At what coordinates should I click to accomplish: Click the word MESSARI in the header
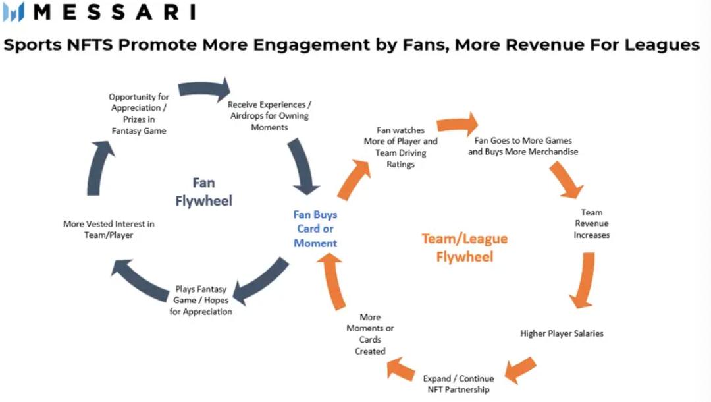tap(113, 12)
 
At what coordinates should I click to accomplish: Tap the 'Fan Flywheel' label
tap(203, 191)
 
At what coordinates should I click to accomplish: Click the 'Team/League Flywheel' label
tap(464, 247)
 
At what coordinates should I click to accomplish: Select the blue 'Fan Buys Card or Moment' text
tap(315, 229)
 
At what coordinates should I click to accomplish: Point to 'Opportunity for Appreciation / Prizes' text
tap(139, 113)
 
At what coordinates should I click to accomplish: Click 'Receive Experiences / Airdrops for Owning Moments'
tap(269, 115)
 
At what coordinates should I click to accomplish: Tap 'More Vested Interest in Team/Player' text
tap(109, 229)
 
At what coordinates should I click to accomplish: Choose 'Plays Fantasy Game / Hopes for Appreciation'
tap(201, 300)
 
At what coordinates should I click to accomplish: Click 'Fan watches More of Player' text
tap(400, 147)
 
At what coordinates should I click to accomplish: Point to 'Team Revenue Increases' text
tap(591, 223)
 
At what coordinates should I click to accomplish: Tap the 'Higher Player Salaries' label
tap(562, 333)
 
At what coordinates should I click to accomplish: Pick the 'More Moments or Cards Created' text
tap(370, 334)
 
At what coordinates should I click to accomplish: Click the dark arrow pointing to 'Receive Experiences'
tap(205, 90)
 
